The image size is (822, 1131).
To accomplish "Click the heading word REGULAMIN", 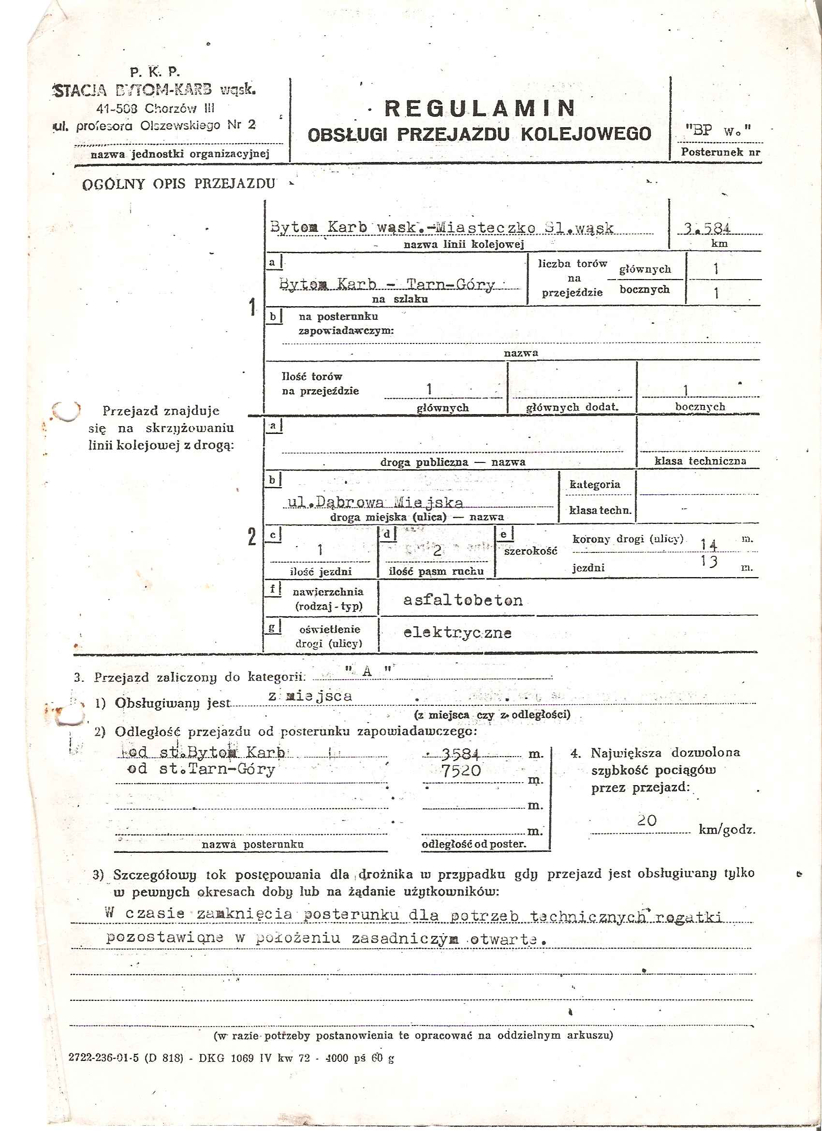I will [x=480, y=108].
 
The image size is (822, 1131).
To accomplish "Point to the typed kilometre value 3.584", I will [x=707, y=228].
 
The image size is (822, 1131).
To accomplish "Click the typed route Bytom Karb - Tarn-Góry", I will [x=387, y=284].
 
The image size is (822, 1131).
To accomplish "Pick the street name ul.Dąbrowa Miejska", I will [x=375, y=502].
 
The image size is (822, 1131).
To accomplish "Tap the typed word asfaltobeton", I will [x=463, y=600].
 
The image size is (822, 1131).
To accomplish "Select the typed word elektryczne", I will [x=457, y=633].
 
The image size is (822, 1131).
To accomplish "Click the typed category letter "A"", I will [x=368, y=671].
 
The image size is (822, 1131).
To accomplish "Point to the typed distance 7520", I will [x=461, y=771].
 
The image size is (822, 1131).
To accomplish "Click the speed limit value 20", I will [x=646, y=820].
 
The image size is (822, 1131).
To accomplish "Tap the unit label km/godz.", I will [x=727, y=830].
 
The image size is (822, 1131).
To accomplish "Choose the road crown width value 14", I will [x=708, y=544].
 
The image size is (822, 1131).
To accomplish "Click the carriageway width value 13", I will [x=708, y=562].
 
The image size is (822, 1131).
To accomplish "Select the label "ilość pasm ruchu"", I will [x=436, y=571].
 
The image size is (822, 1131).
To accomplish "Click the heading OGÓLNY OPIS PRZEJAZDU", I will [x=178, y=184].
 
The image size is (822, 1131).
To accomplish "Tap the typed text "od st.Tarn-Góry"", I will [x=201, y=769].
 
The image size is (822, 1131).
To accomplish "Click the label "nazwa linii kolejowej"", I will [x=464, y=244].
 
